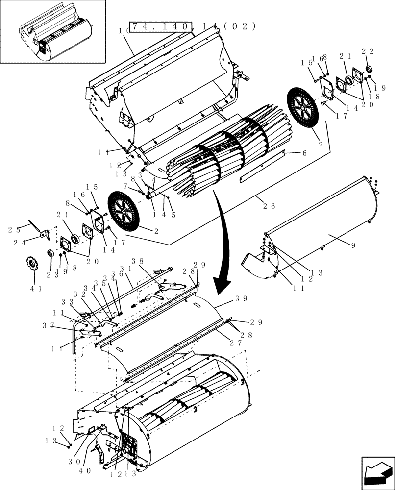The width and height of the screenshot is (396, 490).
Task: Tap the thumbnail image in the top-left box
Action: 53,32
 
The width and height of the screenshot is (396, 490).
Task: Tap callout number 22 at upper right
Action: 368,50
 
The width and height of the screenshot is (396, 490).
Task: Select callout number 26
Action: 268,206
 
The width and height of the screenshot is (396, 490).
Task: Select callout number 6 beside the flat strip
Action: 304,153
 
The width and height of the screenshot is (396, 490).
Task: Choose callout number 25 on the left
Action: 13,229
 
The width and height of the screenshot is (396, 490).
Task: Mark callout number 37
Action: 62,325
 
